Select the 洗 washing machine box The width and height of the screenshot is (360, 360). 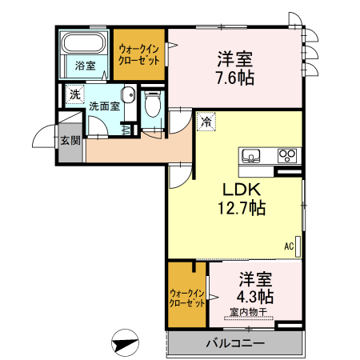(x=74, y=94)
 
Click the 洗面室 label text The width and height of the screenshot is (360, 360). (x=104, y=105)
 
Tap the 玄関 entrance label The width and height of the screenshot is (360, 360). (x=70, y=142)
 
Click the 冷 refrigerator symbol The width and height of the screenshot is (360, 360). (x=206, y=122)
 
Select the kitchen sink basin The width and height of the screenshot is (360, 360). (x=250, y=155)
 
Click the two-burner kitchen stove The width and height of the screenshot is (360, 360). (x=286, y=155)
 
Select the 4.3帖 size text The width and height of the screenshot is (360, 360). (x=254, y=296)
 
